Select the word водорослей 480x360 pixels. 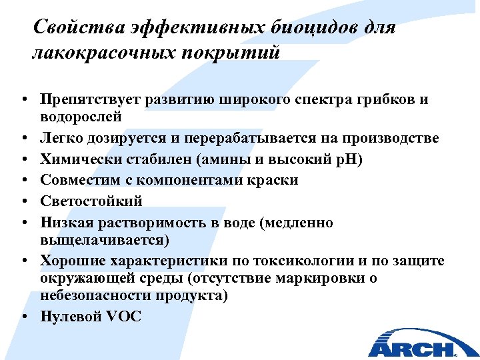click(x=81, y=117)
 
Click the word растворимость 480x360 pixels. click(x=155, y=221)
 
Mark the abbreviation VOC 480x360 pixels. click(x=123, y=317)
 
